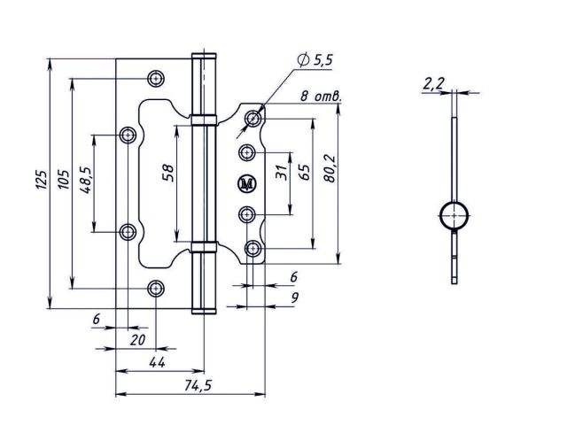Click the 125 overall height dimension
click(x=42, y=179)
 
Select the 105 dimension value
click(x=63, y=179)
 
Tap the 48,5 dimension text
click(x=86, y=180)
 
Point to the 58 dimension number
click(x=167, y=173)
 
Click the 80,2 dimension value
click(x=330, y=169)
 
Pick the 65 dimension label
click(x=305, y=173)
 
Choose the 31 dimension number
click(x=281, y=173)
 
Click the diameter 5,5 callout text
click(x=315, y=60)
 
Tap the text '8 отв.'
click(x=321, y=97)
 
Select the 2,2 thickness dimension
click(x=433, y=84)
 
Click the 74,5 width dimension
click(x=198, y=386)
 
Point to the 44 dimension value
click(x=157, y=362)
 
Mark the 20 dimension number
click(x=137, y=340)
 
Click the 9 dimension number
click(x=295, y=297)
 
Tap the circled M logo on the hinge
click(x=247, y=184)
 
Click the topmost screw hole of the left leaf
click(x=156, y=78)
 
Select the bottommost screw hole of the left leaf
click(x=156, y=289)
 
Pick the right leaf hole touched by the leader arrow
click(x=252, y=118)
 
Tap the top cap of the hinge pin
click(x=204, y=56)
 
